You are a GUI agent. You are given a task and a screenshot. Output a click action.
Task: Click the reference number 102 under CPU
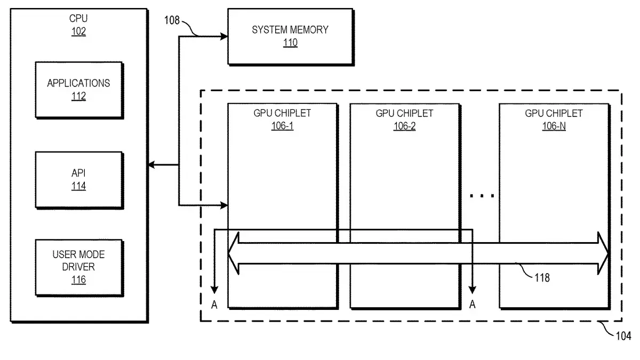pos(78,31)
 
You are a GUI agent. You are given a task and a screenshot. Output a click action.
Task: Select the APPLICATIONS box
pos(79,90)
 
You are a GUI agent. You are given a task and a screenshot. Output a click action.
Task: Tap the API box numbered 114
pos(79,180)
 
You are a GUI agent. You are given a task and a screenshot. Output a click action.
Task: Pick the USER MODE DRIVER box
pos(79,268)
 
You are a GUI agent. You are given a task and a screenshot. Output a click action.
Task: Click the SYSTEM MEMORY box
pos(291,37)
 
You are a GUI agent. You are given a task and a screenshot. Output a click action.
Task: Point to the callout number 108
pos(172,20)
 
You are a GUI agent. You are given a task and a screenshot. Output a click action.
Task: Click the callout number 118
pos(542,278)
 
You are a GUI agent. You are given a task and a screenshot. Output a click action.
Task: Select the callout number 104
pos(623,336)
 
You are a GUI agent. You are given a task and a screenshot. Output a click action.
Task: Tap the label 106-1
pos(282,126)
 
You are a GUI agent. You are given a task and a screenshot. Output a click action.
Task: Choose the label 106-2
pos(405,126)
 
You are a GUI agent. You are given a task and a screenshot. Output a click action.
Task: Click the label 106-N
pos(554,126)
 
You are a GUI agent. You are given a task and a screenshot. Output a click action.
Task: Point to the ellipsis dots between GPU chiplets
pos(482,196)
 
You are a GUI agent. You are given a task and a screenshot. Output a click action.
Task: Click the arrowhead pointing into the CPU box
pos(151,165)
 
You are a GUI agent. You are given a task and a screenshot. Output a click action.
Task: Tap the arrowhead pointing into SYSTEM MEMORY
pos(224,37)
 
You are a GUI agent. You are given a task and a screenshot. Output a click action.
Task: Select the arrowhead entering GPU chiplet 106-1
pos(224,205)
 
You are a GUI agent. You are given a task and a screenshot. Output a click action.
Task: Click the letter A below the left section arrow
pos(214,305)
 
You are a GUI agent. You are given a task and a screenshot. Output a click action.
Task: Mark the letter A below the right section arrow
pos(473,305)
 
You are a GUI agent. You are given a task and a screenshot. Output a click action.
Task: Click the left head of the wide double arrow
pos(234,253)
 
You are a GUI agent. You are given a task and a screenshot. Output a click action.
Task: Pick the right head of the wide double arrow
pos(603,253)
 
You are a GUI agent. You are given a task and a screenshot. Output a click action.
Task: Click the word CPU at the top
pos(78,19)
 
